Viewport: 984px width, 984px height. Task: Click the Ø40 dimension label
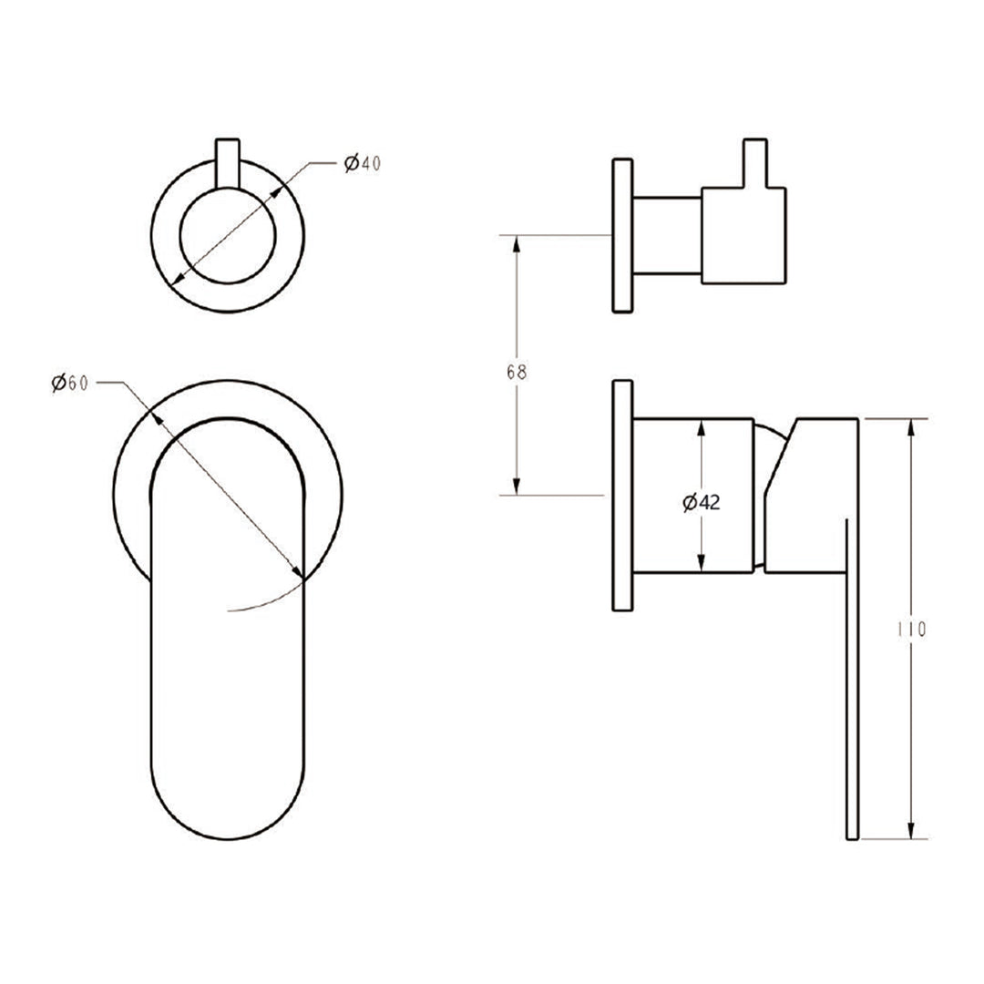(362, 164)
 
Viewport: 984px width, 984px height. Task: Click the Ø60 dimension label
(69, 383)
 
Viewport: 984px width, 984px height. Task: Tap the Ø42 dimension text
(700, 501)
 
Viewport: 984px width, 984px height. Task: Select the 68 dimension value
(517, 372)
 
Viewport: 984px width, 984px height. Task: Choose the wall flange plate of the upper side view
(622, 237)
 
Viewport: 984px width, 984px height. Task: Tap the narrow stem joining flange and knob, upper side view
(667, 235)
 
